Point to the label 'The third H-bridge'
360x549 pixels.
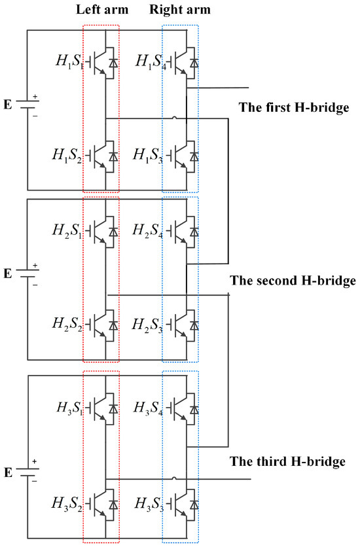(287, 462)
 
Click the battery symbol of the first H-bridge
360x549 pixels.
(27, 105)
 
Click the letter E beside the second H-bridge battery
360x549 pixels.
(8, 274)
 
